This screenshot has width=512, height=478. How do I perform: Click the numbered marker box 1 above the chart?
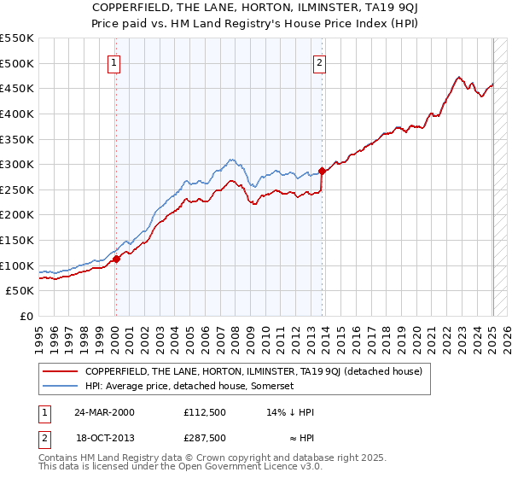[x=114, y=61]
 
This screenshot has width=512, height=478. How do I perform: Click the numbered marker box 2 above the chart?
[x=319, y=61]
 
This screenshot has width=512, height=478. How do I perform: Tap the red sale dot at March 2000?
[x=117, y=259]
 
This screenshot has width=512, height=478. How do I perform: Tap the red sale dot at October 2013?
[x=322, y=171]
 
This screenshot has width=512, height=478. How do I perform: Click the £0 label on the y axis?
[x=26, y=316]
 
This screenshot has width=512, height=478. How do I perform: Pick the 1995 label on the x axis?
[x=39, y=334]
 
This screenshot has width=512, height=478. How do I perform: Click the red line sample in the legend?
[x=61, y=371]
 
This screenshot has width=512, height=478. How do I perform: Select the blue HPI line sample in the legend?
[x=61, y=386]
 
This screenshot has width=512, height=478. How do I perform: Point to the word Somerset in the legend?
[x=272, y=386]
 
